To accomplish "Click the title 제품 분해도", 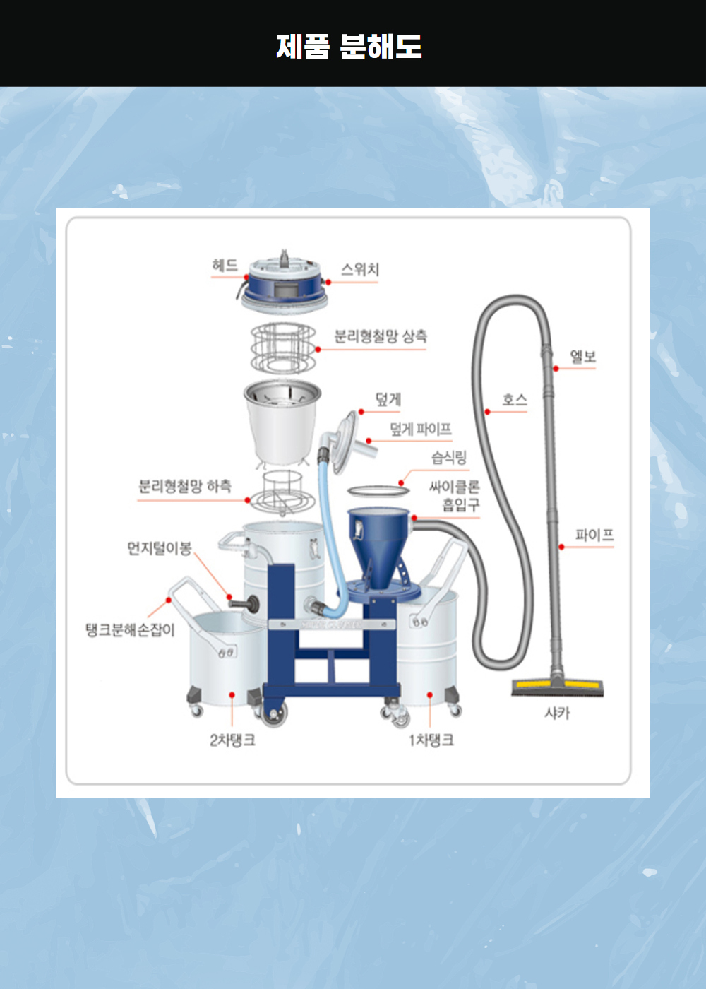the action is pos(349,47).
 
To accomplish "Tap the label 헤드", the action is pos(225,266).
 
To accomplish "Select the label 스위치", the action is pos(360,269).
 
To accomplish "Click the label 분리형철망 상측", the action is pos(381,336).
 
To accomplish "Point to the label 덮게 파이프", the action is pos(421,429).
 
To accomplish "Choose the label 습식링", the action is pos(449,458).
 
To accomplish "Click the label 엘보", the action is pos(583,356).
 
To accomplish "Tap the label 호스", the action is pos(515,400).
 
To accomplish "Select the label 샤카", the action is pos(557,713).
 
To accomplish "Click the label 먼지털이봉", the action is pos(160,548).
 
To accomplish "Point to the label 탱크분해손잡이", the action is pos(130,630).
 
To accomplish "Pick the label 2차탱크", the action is pos(232,740).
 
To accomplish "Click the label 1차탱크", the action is pos(431,740).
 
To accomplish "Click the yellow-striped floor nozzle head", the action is pos(557,687).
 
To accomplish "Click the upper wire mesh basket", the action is pos(283,349).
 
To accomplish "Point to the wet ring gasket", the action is pos(378,490).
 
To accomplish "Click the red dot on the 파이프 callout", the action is pos(561,547).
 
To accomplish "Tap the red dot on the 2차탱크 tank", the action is pos(232,694).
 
